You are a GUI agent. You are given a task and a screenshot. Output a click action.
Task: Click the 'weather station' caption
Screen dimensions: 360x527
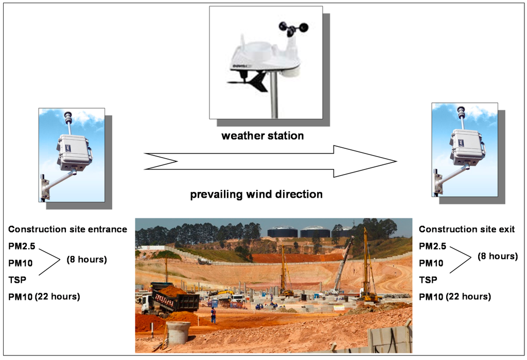click(262, 136)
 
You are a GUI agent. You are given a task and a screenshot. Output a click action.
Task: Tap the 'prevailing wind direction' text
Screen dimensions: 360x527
click(256, 194)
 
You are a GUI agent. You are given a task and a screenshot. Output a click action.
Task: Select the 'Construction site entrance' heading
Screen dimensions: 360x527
click(67, 230)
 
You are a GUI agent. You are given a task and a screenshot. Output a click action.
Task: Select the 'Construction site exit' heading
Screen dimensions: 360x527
click(467, 230)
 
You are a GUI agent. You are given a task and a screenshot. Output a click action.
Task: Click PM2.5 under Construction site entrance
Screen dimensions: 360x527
click(22, 247)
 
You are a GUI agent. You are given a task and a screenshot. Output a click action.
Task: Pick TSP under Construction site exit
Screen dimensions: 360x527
click(428, 280)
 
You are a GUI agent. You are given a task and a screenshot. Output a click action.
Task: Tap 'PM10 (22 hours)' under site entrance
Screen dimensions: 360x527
click(44, 296)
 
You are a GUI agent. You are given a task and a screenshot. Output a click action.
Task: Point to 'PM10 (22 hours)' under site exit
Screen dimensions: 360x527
click(455, 296)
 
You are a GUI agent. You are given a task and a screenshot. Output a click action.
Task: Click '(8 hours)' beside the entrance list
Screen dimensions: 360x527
click(86, 259)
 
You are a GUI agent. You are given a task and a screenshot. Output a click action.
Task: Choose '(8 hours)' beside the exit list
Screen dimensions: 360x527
click(497, 256)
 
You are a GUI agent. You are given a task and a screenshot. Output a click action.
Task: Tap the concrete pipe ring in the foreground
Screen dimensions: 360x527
click(178, 332)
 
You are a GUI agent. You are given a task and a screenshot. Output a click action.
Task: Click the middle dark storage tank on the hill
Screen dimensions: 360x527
click(315, 232)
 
